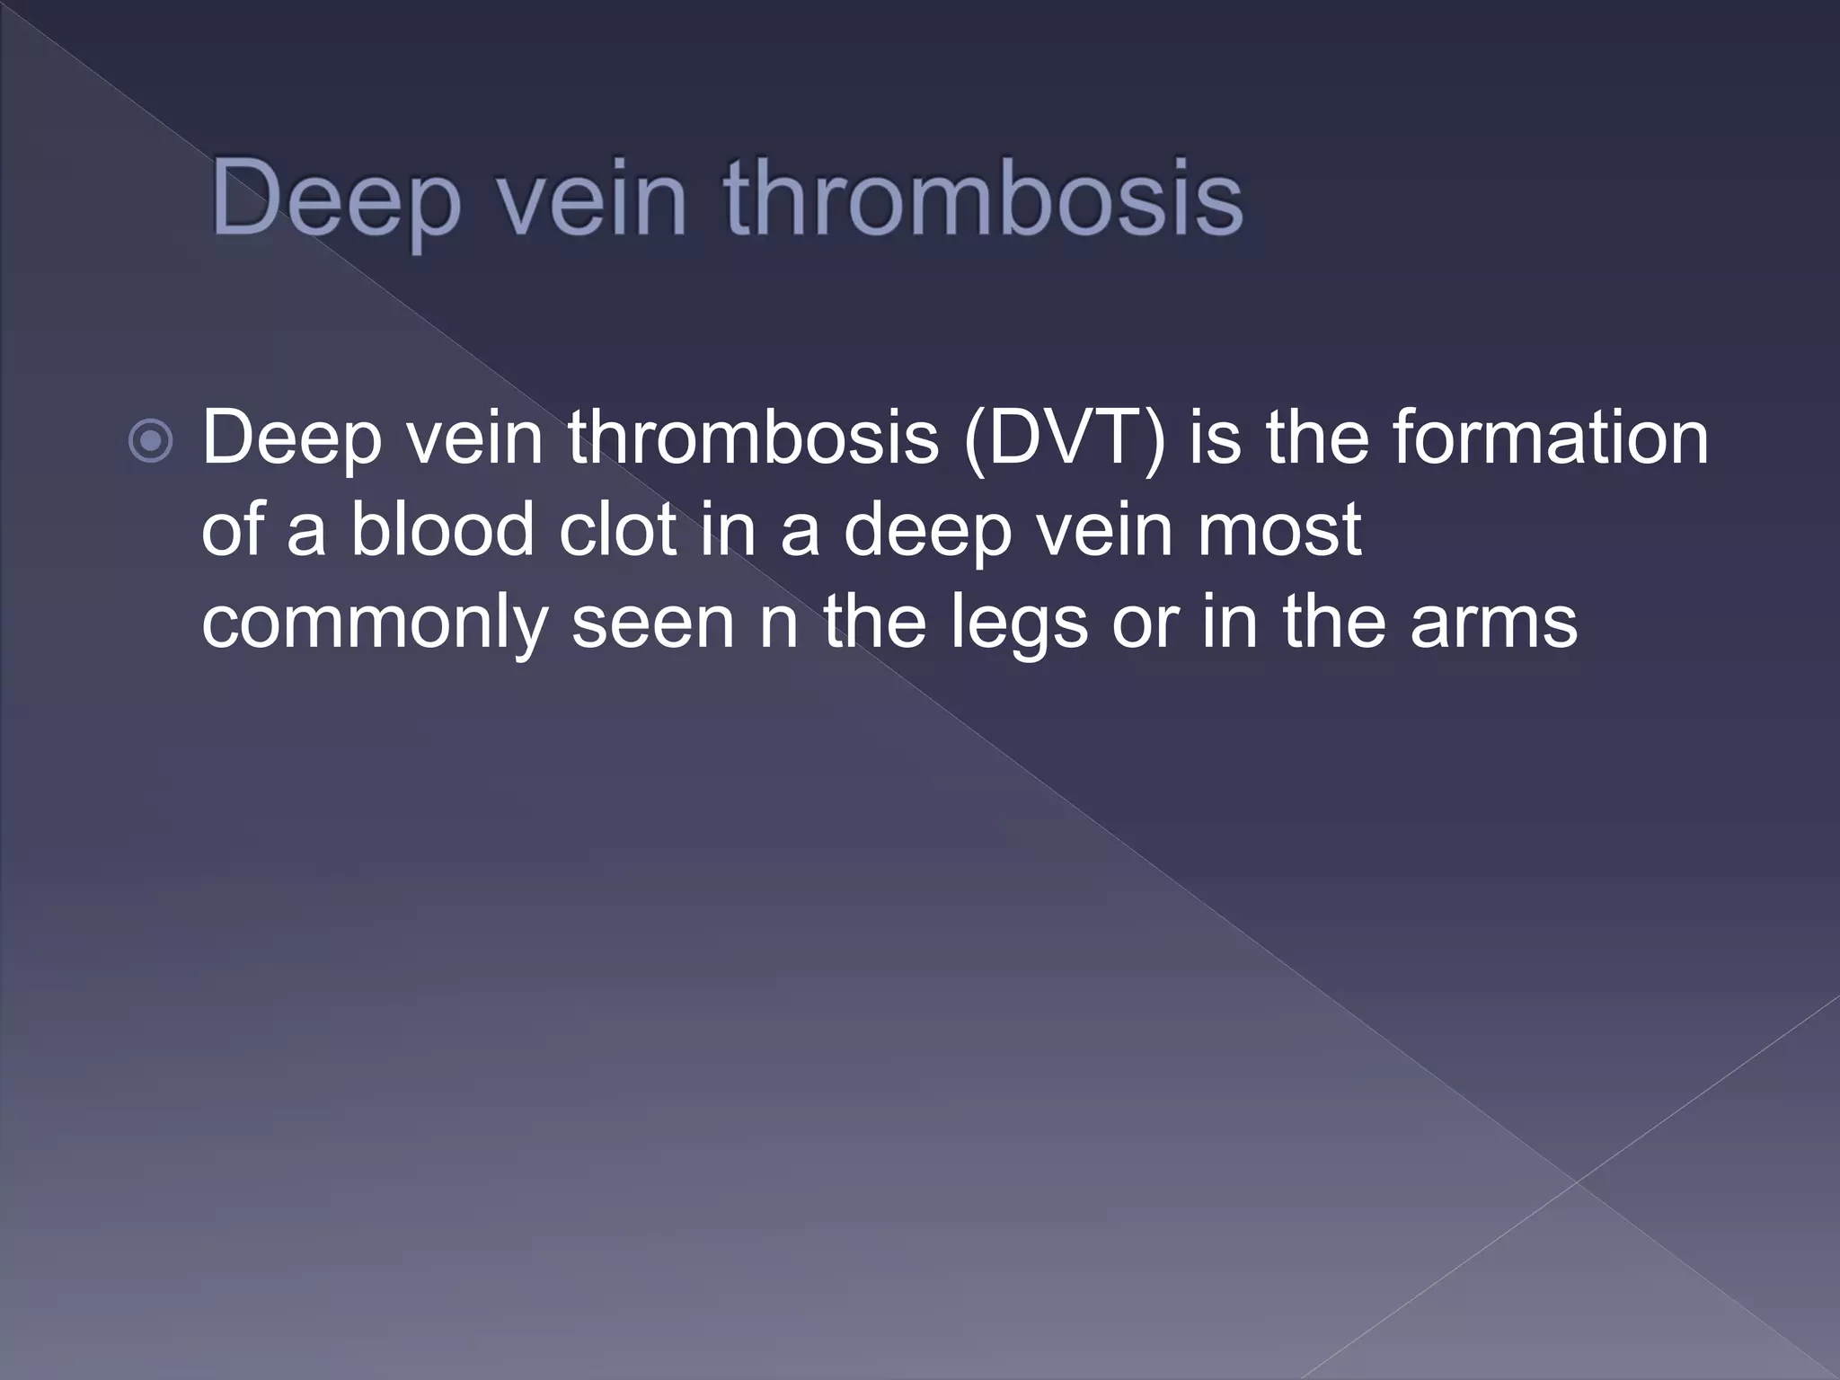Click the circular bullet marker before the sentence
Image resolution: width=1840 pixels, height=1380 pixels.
pyautogui.click(x=150, y=441)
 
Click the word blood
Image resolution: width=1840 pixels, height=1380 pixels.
pyautogui.click(x=443, y=529)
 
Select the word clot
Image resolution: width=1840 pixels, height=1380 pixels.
pyautogui.click(x=616, y=529)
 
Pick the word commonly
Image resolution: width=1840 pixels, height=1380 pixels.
pyautogui.click(x=374, y=623)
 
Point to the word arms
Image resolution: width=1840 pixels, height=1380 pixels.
pyautogui.click(x=1493, y=623)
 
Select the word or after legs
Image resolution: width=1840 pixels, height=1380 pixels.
pyautogui.click(x=1143, y=623)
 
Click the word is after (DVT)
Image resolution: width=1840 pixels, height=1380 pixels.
pyautogui.click(x=1216, y=438)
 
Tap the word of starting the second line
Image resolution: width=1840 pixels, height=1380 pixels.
pyautogui.click(x=231, y=529)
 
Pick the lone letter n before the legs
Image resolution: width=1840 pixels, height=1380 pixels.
pyautogui.click(x=779, y=623)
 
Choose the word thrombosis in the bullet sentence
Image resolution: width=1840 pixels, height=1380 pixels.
pyautogui.click(x=753, y=438)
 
